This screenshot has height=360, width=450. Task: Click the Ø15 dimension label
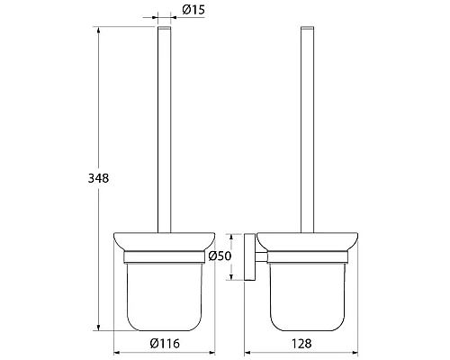point(193,10)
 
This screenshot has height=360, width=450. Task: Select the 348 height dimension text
point(98,178)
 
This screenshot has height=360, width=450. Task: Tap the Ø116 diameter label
point(165,343)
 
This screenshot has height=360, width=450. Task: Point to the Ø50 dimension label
point(220,256)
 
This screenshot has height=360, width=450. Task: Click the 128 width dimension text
point(301,344)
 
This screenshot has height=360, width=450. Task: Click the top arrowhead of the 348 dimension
point(98,30)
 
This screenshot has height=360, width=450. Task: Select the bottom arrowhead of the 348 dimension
point(98,328)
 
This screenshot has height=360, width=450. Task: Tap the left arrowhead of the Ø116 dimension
point(117,353)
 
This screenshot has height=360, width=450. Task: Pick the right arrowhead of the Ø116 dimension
point(211,353)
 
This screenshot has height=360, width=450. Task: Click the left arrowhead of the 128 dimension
point(247,353)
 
